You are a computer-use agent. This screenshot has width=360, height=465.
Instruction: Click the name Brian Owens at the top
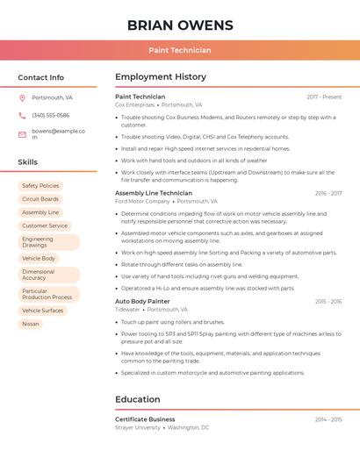click(180, 25)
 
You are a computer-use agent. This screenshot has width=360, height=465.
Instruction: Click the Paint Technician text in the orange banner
click(180, 50)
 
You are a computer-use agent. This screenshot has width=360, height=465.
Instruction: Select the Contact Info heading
click(41, 77)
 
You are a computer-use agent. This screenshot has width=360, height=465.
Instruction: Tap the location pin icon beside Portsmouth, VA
click(22, 97)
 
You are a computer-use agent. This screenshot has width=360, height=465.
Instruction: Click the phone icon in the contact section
click(22, 115)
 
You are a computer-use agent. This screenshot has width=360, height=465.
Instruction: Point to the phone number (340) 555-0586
click(51, 115)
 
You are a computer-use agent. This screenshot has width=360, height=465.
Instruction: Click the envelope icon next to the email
click(22, 134)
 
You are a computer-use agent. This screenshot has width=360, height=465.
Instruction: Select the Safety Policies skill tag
click(40, 186)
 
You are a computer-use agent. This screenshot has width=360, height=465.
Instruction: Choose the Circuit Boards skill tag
click(40, 199)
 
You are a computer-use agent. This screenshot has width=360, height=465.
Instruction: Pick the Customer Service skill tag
click(45, 225)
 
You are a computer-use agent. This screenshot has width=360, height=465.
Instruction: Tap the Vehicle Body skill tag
click(39, 259)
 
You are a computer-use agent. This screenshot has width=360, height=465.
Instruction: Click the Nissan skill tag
click(31, 324)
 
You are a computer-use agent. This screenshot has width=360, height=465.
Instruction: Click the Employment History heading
click(161, 77)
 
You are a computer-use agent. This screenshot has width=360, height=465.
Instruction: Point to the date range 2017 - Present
click(324, 97)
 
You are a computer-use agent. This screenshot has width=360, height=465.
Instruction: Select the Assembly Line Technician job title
click(154, 193)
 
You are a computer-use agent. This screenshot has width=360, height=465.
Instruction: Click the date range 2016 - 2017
click(328, 193)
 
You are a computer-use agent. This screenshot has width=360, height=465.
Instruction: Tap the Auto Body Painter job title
click(142, 301)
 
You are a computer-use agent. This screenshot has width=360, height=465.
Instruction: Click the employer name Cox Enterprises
click(134, 104)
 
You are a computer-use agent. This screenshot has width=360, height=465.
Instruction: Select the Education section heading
click(138, 400)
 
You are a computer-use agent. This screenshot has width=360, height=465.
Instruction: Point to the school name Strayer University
click(138, 427)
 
